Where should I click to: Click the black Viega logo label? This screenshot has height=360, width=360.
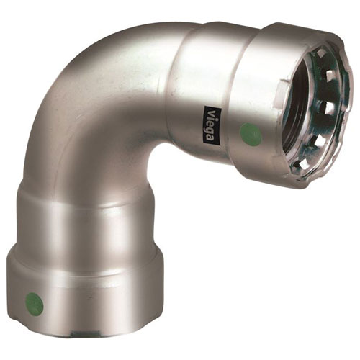point(212,125)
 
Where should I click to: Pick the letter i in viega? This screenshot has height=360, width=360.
point(211,117)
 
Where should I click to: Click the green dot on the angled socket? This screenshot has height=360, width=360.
point(251,132)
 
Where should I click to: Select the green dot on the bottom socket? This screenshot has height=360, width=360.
point(35,303)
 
